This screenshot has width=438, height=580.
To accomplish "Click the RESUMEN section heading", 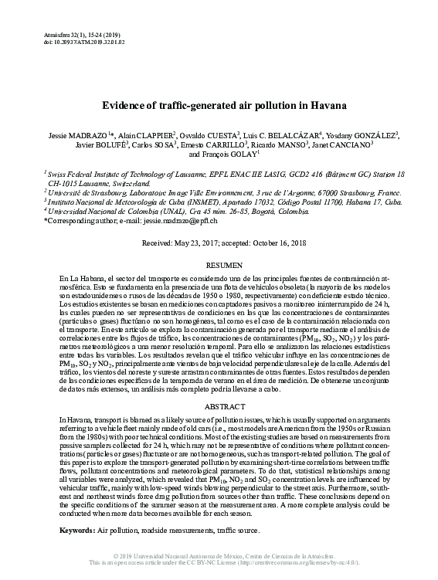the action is [x=219, y=263].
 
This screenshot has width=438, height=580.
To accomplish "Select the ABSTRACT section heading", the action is [x=219, y=405].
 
